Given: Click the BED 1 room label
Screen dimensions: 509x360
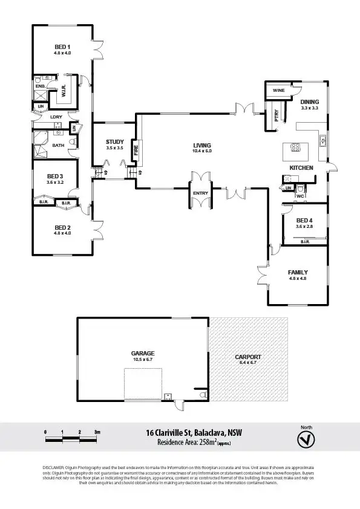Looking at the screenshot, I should [x=63, y=47].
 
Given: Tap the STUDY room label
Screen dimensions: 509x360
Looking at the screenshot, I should [x=114, y=142].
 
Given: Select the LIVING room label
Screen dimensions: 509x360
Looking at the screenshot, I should [x=202, y=145].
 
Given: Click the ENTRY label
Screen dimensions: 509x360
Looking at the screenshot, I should [x=200, y=193].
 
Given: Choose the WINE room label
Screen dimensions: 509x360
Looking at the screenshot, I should [x=278, y=90].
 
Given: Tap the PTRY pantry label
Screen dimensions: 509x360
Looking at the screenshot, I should [x=277, y=115].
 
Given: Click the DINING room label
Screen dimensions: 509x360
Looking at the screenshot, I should [x=309, y=102].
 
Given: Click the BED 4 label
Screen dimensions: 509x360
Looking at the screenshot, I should [x=304, y=220].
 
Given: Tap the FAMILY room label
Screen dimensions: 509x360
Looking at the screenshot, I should [x=298, y=273].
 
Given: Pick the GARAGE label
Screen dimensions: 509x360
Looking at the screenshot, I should [x=143, y=353].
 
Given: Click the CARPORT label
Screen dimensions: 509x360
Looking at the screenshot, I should [x=248, y=357].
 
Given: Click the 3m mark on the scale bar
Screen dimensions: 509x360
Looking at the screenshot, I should [x=97, y=432].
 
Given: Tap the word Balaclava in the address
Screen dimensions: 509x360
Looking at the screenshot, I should [x=209, y=433].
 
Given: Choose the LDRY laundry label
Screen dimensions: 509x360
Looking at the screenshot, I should [x=56, y=117].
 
